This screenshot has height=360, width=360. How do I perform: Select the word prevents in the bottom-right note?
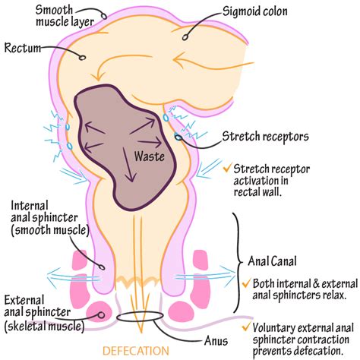tap(276, 352)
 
